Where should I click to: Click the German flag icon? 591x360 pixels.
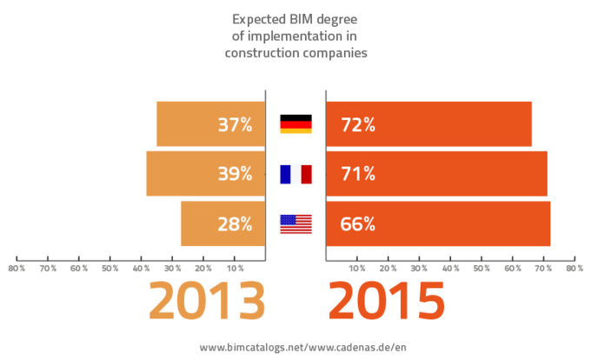point(295,124)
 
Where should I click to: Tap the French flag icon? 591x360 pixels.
point(295,174)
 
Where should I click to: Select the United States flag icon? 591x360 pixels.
point(295,223)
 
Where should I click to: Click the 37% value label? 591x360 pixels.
point(235,124)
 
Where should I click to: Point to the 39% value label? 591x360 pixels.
point(235,174)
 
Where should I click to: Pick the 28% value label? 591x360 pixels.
point(235,223)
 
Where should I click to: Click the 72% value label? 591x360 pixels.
point(358,124)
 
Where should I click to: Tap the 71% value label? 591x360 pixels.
point(358,174)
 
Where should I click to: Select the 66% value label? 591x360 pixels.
point(358,223)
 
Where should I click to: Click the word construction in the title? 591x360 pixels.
point(262,52)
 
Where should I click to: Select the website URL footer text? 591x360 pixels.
point(295,346)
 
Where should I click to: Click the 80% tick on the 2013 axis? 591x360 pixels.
point(16,268)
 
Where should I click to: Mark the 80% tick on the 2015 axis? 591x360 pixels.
point(574,268)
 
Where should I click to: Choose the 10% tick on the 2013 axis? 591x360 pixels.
point(235,268)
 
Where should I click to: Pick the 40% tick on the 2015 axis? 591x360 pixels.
point(450,268)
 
